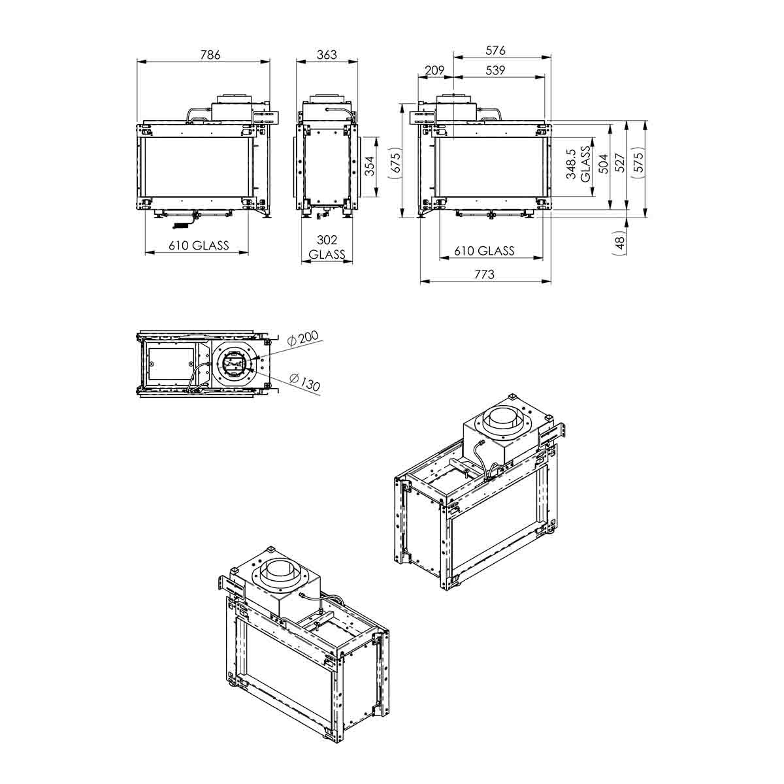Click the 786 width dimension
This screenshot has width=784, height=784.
(x=210, y=54)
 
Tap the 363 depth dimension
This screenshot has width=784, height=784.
(x=326, y=54)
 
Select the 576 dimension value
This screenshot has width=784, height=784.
(x=495, y=50)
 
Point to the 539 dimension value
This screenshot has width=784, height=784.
(x=495, y=71)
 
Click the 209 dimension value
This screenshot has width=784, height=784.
(x=434, y=71)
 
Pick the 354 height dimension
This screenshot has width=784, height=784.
(x=369, y=166)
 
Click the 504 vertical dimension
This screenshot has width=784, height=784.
(x=604, y=163)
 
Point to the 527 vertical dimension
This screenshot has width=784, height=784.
(x=620, y=163)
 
